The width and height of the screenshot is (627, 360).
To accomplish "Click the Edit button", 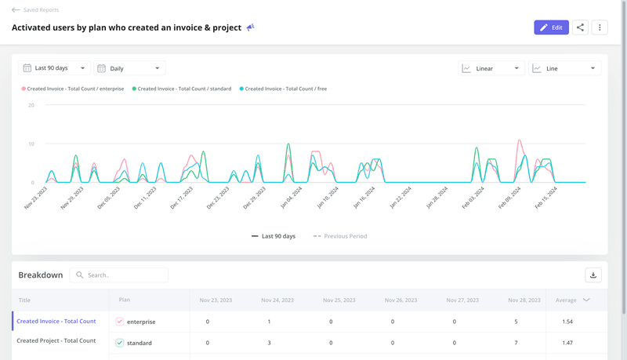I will click(x=551, y=27).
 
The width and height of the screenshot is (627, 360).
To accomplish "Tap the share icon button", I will click(x=580, y=27).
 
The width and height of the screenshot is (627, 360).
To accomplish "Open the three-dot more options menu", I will click(x=600, y=27).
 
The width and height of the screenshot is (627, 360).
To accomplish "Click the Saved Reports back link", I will click(x=35, y=10).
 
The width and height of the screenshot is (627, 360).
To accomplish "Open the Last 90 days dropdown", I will click(x=54, y=68).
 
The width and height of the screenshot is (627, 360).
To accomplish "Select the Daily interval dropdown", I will click(x=129, y=68).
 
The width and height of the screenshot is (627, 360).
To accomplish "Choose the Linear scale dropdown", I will click(x=491, y=68).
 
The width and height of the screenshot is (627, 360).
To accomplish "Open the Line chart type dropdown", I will click(x=564, y=68).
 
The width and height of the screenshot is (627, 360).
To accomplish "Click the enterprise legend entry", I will click(x=74, y=89).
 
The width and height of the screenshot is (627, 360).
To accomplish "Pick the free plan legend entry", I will click(x=284, y=89).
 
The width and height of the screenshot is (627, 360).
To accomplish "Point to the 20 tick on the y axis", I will click(x=31, y=105).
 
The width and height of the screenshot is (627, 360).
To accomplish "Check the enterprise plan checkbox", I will click(x=120, y=322).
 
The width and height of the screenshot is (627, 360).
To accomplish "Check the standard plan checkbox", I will click(x=120, y=343).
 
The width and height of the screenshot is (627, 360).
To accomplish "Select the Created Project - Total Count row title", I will click(x=56, y=340).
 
